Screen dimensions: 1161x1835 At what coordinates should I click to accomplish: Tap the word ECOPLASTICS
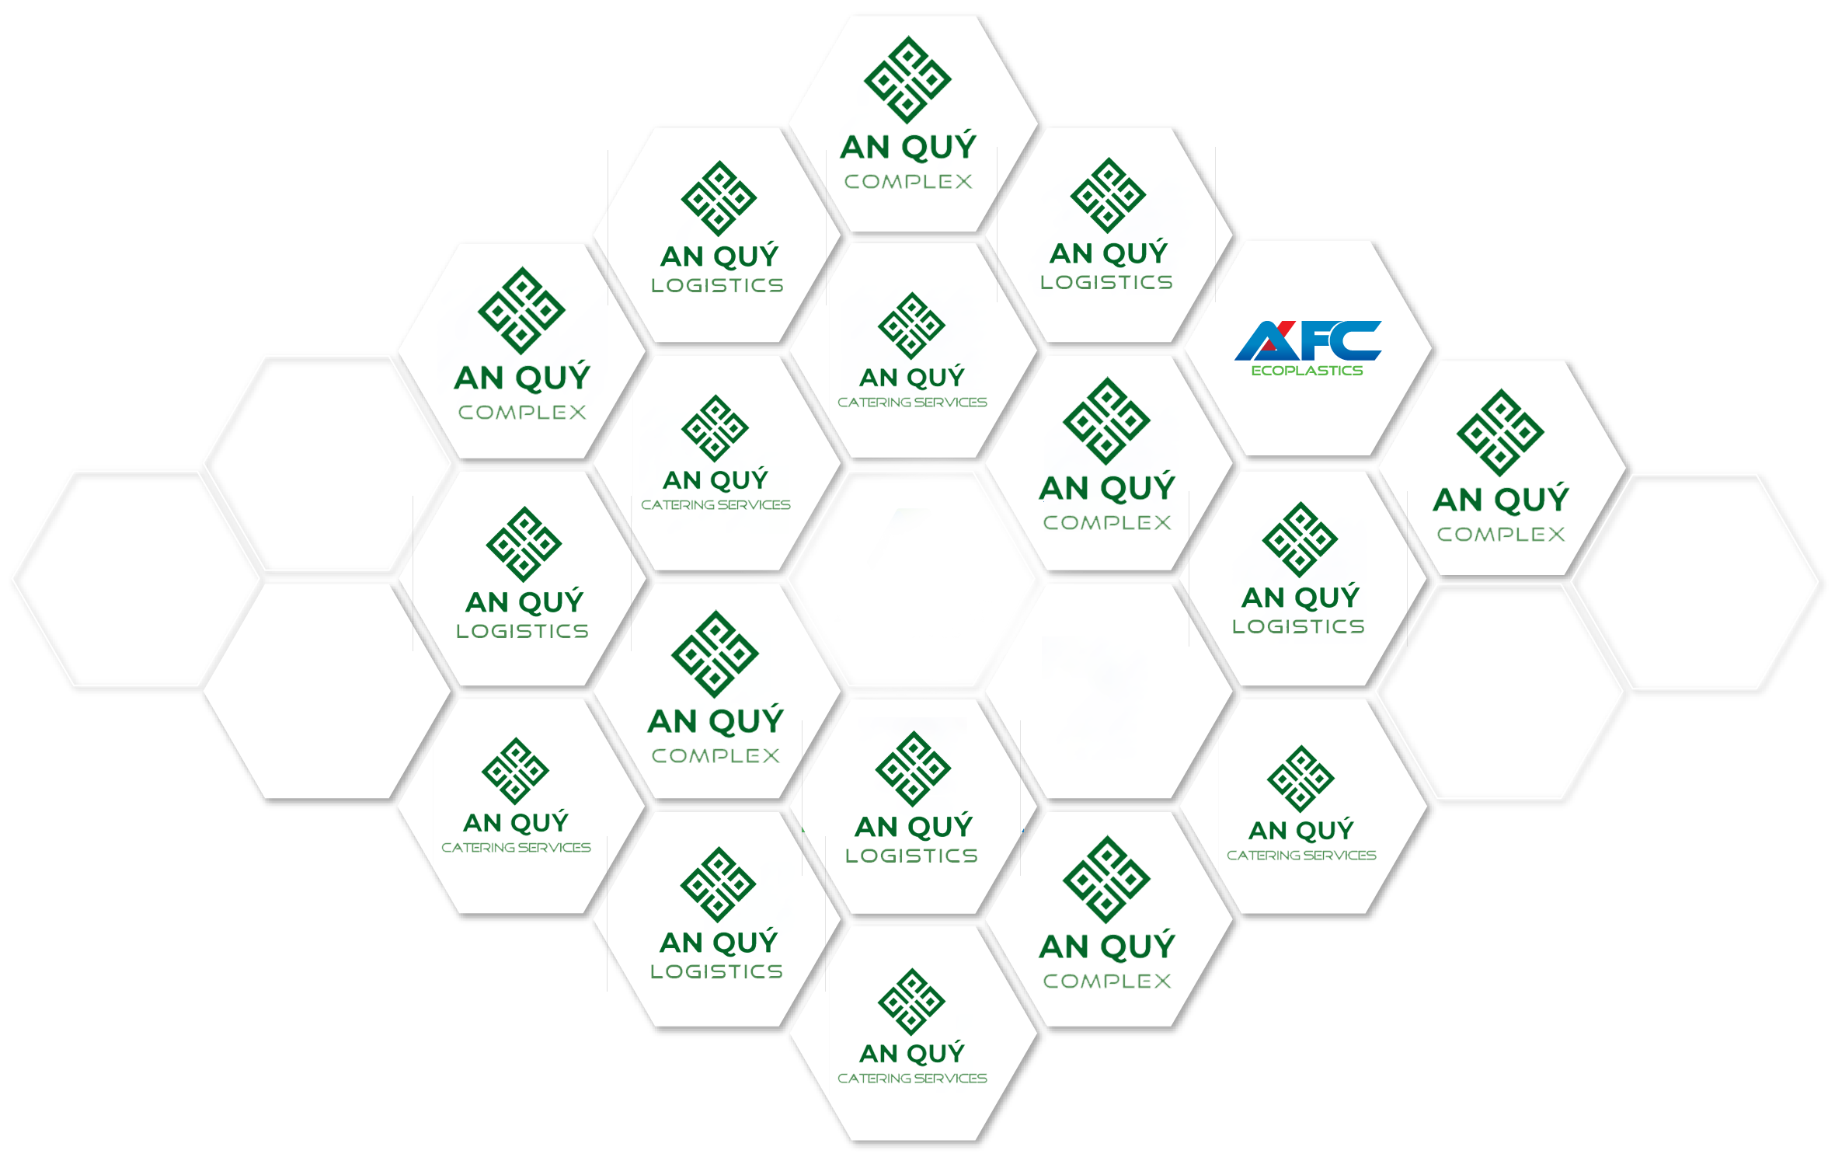click(x=1307, y=371)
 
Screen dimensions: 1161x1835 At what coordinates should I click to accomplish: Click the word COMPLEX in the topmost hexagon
click(x=908, y=182)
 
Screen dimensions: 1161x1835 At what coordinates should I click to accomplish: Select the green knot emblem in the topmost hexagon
click(x=907, y=79)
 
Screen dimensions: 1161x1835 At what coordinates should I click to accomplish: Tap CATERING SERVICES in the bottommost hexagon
click(x=912, y=1078)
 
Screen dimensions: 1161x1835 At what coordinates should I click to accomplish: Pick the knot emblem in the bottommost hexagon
click(x=911, y=1002)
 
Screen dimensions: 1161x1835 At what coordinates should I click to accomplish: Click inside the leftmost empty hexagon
click(x=136, y=581)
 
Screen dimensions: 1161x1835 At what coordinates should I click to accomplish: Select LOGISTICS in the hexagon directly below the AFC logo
click(x=1298, y=626)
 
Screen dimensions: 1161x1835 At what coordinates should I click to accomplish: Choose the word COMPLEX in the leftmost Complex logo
click(x=522, y=413)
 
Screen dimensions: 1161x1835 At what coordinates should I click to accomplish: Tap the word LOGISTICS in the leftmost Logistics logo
click(x=522, y=631)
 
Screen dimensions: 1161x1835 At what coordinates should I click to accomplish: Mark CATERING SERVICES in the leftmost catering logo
click(x=516, y=847)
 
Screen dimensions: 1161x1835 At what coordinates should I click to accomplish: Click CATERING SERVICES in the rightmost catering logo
click(x=1301, y=855)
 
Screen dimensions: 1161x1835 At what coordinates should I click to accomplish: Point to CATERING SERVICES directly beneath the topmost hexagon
click(x=912, y=402)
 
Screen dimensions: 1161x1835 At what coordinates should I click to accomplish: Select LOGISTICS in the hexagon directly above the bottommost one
click(x=911, y=856)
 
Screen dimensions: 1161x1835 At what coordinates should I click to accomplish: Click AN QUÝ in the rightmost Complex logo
click(x=1501, y=499)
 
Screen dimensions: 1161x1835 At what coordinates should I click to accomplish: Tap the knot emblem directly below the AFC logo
click(x=1300, y=540)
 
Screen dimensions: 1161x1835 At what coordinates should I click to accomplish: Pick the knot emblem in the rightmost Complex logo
click(x=1500, y=432)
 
